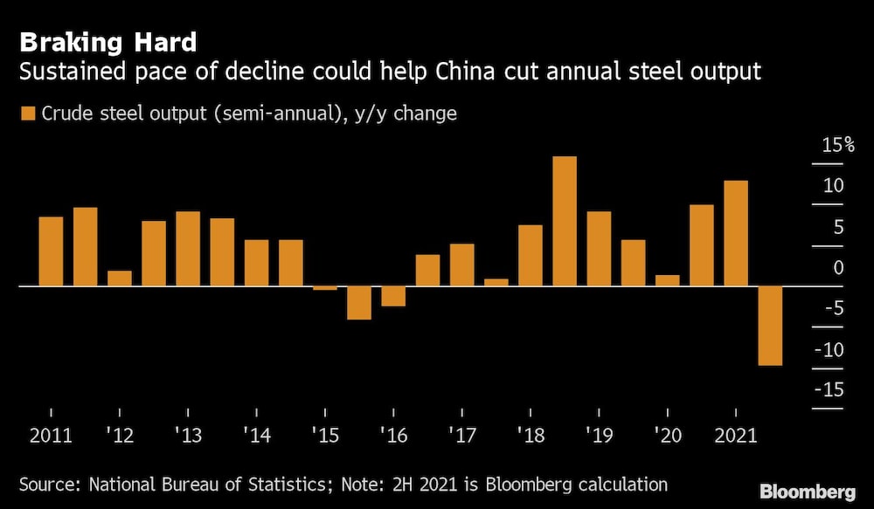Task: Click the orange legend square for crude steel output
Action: (x=28, y=113)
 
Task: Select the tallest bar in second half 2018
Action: (x=565, y=221)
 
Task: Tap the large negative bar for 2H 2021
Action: (x=770, y=326)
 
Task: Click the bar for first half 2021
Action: (x=736, y=233)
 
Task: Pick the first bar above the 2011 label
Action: (x=51, y=251)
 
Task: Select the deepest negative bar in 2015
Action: (x=358, y=303)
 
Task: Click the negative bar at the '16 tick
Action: (x=393, y=296)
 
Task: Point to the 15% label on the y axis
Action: (x=837, y=145)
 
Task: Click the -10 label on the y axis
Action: (x=830, y=349)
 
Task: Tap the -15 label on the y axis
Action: (x=830, y=389)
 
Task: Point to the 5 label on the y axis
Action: (x=837, y=227)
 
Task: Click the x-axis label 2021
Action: (x=736, y=434)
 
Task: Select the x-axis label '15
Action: (x=324, y=434)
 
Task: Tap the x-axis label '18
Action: (x=530, y=434)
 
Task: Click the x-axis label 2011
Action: (x=51, y=434)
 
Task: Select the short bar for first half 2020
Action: (x=667, y=280)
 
